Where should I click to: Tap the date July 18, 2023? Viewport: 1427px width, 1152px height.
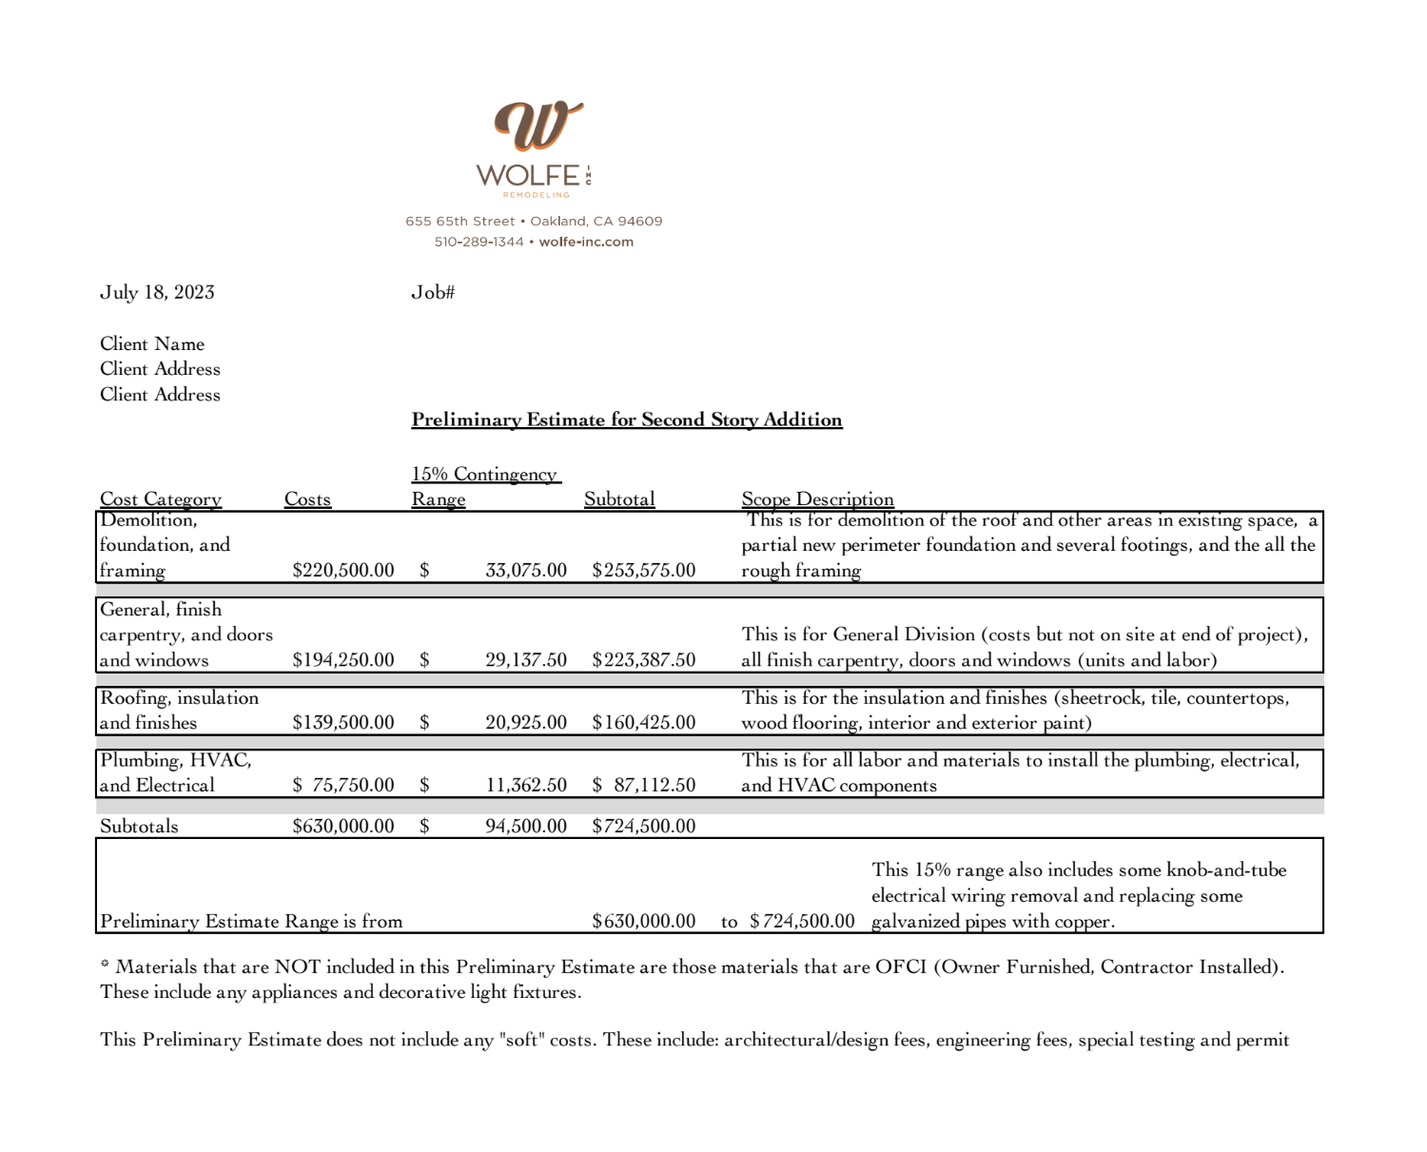coord(157,292)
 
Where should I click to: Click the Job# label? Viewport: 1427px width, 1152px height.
coord(433,292)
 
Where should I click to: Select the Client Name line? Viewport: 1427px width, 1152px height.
coord(152,343)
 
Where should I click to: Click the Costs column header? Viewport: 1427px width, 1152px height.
coord(307,499)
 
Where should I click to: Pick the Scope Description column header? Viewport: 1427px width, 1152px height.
coord(817,499)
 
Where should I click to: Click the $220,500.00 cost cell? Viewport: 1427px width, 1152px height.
coord(342,570)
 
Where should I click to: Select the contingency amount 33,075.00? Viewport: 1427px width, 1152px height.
coord(525,570)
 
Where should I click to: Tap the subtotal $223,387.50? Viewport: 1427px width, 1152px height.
coord(643,659)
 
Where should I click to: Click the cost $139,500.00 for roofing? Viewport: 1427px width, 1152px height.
coord(342,722)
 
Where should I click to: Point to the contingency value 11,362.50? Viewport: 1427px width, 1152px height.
coord(525,785)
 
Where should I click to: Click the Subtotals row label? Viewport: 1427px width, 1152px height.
coord(139,826)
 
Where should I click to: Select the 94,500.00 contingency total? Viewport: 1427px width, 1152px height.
coord(525,826)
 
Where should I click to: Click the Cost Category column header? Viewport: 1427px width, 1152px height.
coord(161,499)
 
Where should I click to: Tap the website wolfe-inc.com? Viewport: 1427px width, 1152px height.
coord(586,242)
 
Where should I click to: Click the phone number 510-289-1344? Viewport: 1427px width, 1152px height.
coord(479,242)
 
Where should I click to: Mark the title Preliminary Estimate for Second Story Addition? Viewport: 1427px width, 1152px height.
coord(626,420)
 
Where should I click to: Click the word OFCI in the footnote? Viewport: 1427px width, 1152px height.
coord(900,967)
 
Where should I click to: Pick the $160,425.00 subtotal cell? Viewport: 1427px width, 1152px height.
coord(643,722)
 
